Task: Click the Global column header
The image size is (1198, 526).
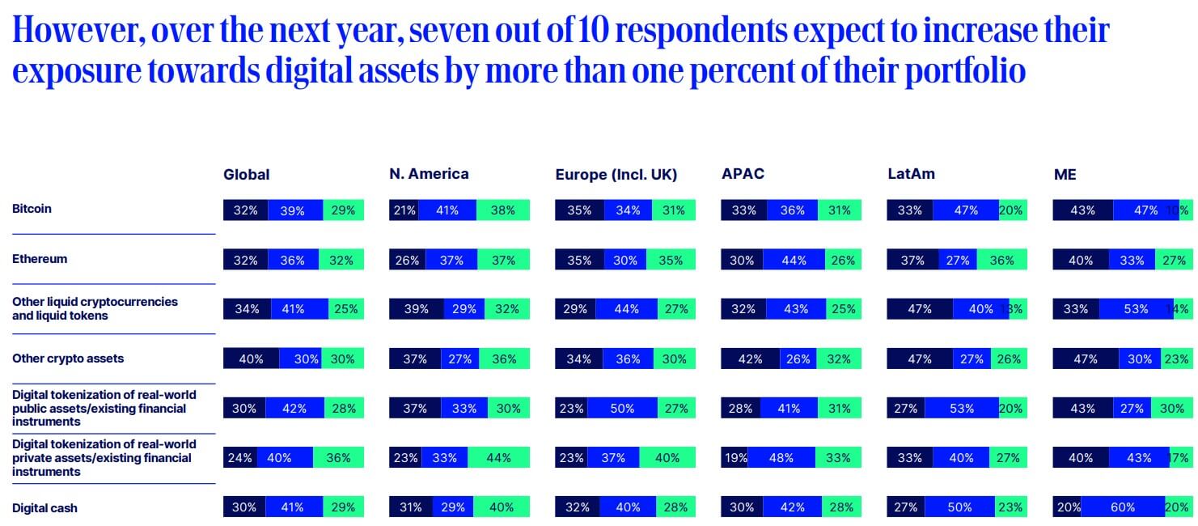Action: (x=246, y=175)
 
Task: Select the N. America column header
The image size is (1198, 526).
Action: (x=429, y=174)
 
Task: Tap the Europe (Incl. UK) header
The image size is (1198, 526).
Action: (x=616, y=175)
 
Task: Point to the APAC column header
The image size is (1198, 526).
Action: (x=743, y=174)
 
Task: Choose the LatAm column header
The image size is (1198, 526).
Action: (x=911, y=174)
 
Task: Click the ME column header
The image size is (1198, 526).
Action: (x=1065, y=175)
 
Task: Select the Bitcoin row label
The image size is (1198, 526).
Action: (x=32, y=209)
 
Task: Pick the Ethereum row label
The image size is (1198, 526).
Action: (x=40, y=259)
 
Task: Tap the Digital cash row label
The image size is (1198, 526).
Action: (x=44, y=508)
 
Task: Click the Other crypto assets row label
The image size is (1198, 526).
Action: (x=67, y=358)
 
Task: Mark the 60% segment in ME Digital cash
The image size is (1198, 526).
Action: (x=1123, y=507)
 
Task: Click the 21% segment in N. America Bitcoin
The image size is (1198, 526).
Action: (x=404, y=210)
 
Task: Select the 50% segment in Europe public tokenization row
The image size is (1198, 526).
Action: (x=621, y=409)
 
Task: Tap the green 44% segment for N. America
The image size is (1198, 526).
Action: (x=498, y=458)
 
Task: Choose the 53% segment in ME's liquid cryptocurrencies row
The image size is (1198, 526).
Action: (x=1136, y=309)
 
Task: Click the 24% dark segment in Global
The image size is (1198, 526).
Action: (x=240, y=458)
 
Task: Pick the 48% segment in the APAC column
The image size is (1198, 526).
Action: (x=781, y=458)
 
